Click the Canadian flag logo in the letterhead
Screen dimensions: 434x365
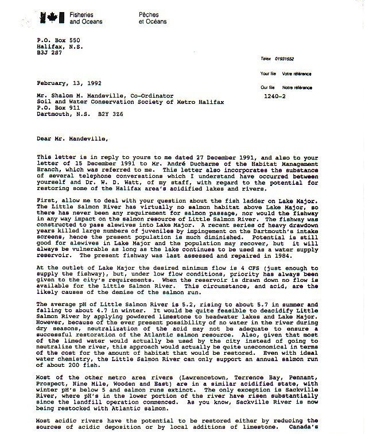pyautogui.click(x=52, y=17)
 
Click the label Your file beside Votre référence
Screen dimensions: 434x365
pyautogui.click(x=268, y=74)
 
